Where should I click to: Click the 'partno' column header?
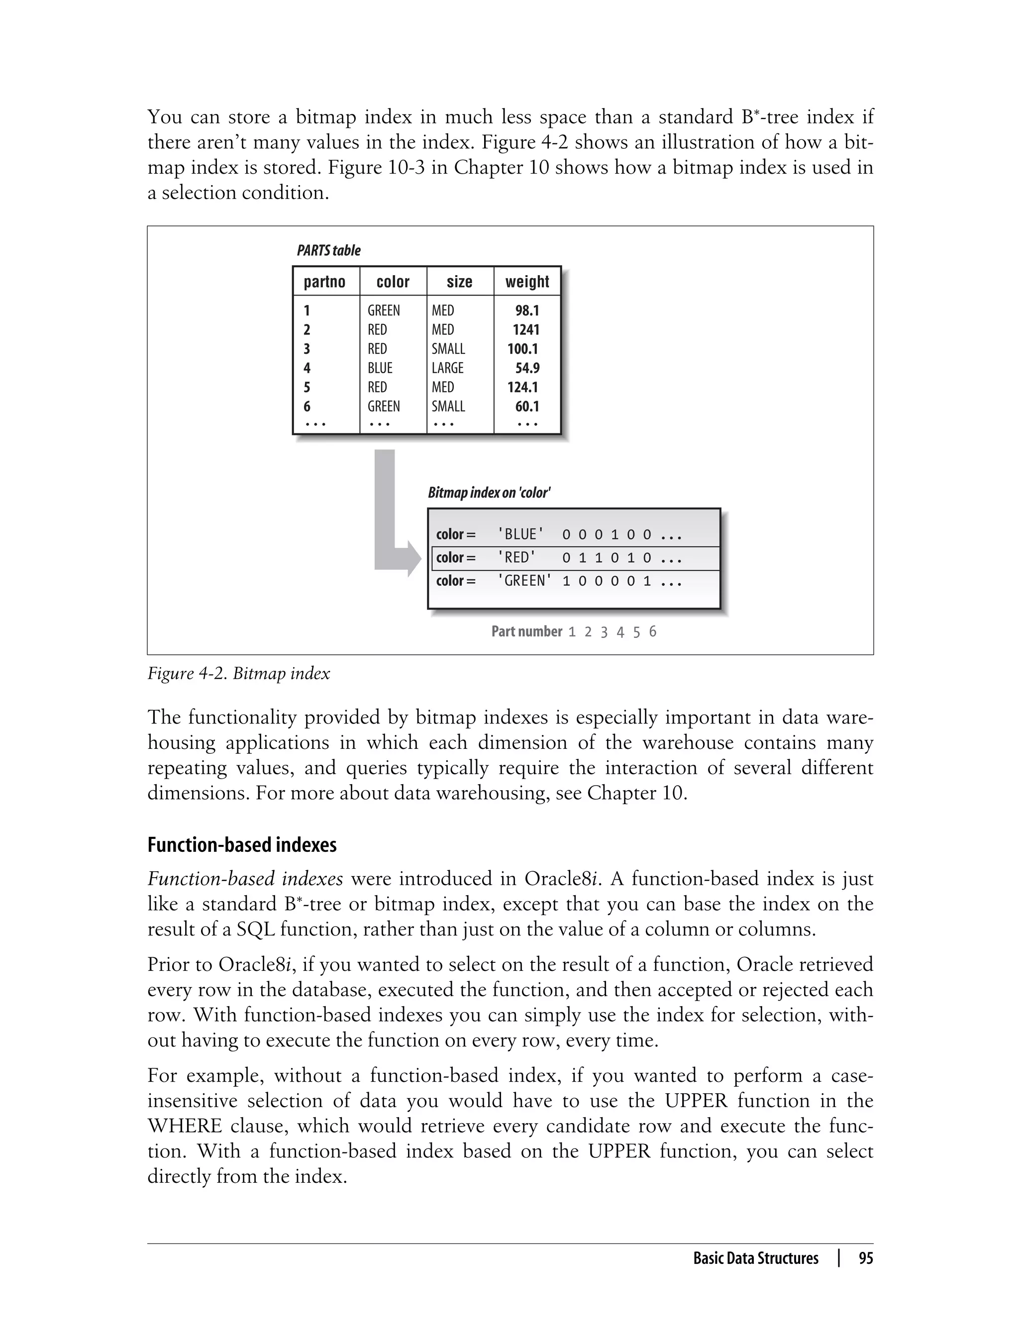(324, 282)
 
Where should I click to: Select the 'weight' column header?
(526, 282)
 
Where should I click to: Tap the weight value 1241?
(525, 329)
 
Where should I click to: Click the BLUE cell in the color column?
(380, 368)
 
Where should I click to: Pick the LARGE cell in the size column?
(448, 368)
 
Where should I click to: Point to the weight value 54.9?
(527, 368)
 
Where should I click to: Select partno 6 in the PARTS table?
(307, 407)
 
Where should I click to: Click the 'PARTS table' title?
(328, 250)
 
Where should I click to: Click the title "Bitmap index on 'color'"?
(489, 493)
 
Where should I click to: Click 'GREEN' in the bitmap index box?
(524, 581)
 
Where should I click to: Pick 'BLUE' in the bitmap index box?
(520, 534)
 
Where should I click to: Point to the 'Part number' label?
(526, 631)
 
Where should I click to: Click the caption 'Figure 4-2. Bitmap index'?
(238, 673)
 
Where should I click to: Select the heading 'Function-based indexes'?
(241, 845)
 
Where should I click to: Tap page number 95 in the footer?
(866, 1258)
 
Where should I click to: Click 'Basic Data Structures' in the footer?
(755, 1258)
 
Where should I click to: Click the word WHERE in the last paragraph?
(185, 1126)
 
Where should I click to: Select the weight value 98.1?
(527, 310)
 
